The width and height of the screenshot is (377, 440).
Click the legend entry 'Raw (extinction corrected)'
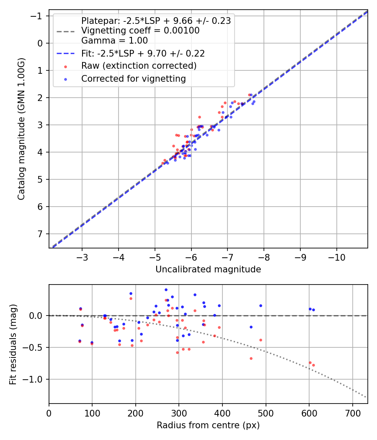click(x=139, y=66)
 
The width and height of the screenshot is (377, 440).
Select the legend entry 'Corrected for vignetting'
click(x=133, y=78)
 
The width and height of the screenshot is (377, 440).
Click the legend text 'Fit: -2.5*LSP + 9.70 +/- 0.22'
click(x=143, y=53)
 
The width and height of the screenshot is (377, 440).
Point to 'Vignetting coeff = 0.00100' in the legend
click(x=140, y=31)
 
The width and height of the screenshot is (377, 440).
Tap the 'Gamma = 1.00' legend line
click(x=114, y=41)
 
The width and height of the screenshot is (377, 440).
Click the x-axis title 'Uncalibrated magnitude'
click(x=208, y=269)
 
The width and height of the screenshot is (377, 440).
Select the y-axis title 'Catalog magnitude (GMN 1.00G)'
click(x=21, y=129)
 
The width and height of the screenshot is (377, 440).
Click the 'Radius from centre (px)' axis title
click(x=208, y=425)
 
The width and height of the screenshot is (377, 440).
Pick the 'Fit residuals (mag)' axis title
click(x=13, y=344)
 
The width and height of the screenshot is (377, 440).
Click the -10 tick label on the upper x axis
click(x=337, y=256)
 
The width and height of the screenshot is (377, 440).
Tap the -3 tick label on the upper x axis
click(x=82, y=256)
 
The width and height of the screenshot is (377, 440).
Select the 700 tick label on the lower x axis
click(x=352, y=412)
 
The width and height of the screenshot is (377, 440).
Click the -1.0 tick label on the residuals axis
click(x=35, y=379)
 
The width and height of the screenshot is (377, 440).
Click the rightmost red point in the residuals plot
click(x=313, y=365)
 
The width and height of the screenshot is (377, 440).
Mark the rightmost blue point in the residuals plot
click(x=313, y=310)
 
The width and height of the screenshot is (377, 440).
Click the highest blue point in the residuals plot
click(x=166, y=290)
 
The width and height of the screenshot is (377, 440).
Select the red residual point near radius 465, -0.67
click(x=251, y=358)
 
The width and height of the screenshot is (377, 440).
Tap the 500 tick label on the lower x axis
click(x=266, y=412)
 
